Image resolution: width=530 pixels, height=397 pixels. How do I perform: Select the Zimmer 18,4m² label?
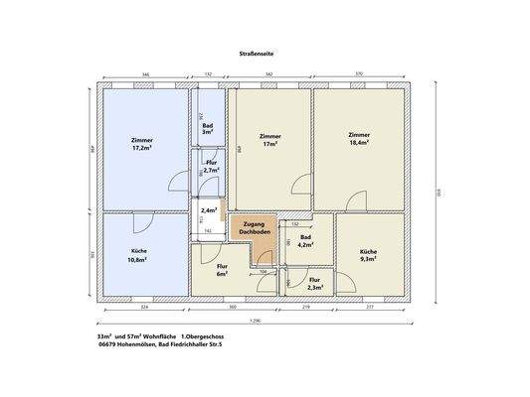tap(358, 139)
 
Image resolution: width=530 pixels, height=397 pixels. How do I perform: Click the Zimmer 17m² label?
tap(268, 140)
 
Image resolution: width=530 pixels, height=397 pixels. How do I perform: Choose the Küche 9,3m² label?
tap(368, 256)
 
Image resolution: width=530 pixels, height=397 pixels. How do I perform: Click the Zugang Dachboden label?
tap(255, 229)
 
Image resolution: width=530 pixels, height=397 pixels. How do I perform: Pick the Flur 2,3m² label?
tap(314, 284)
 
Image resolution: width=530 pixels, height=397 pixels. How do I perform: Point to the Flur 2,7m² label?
tap(211, 168)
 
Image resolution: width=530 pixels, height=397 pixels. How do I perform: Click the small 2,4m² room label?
tap(209, 210)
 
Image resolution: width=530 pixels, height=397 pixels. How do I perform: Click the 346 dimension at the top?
tap(145, 75)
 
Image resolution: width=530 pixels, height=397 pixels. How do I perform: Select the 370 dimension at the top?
tap(359, 75)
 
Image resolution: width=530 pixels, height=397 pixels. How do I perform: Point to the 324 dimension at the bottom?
tap(144, 309)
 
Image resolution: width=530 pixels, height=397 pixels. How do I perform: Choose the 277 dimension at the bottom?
tap(370, 309)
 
